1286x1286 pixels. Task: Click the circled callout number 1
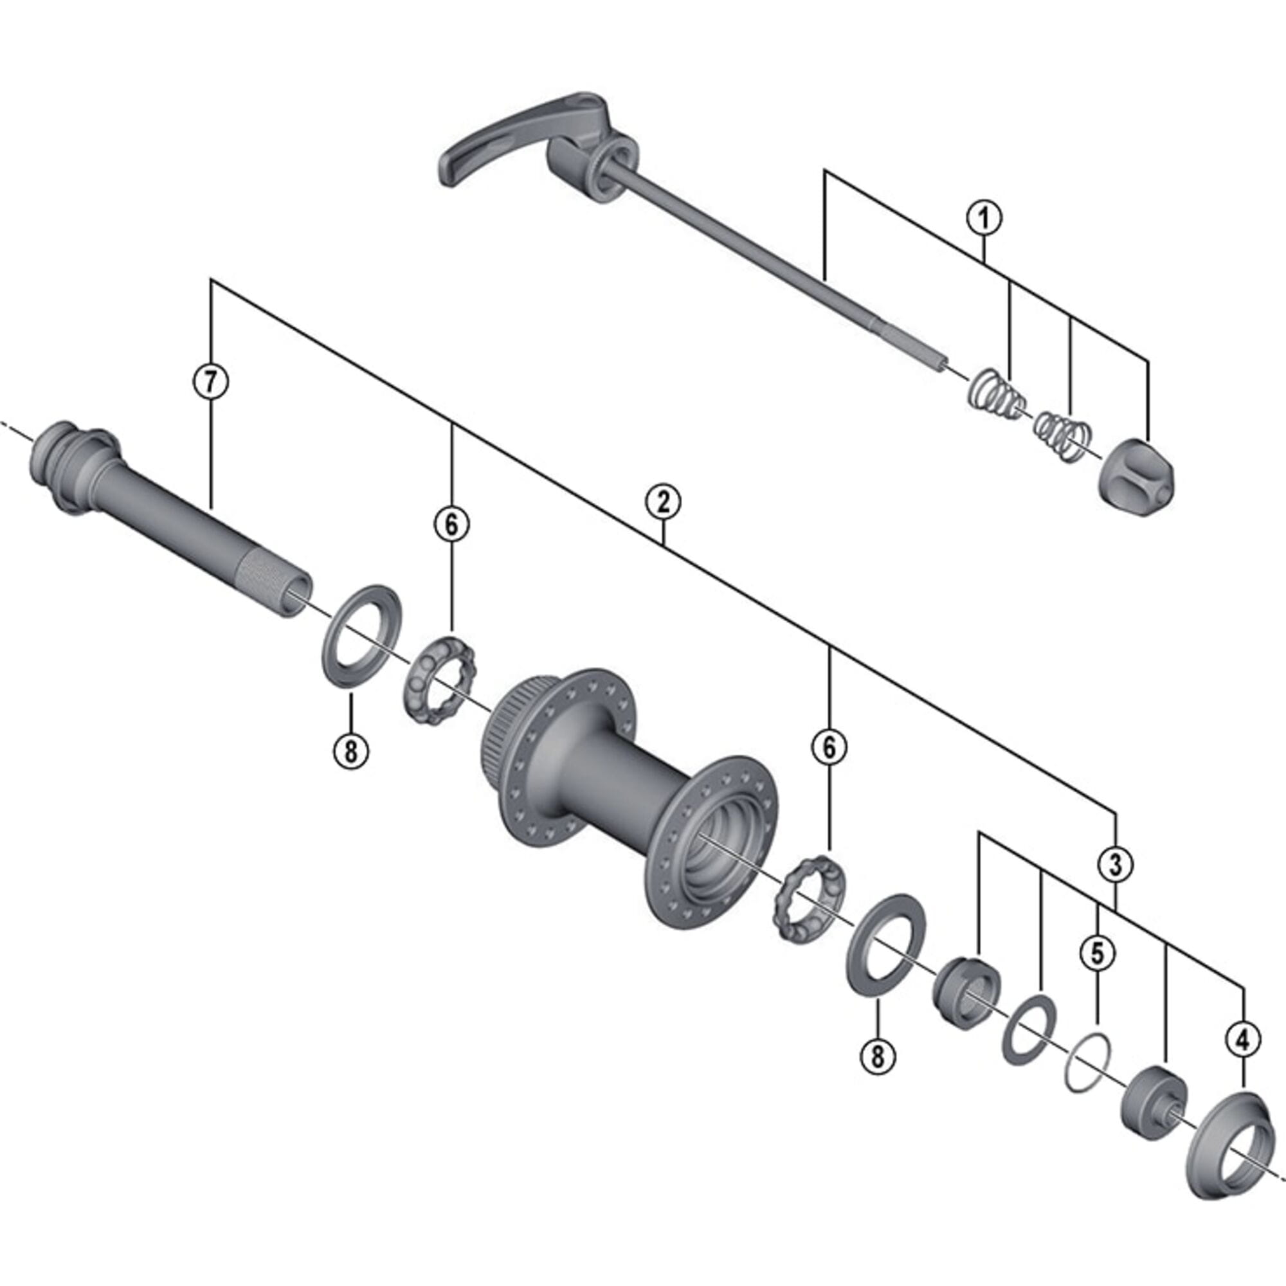[x=984, y=218]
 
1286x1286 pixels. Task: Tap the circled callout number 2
[x=664, y=503]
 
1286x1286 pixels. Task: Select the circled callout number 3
[x=1115, y=865]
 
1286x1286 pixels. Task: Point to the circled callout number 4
[x=1243, y=1040]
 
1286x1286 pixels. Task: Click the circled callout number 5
[x=1097, y=952]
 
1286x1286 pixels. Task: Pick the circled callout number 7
[x=210, y=381]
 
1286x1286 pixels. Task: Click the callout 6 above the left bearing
[x=451, y=525]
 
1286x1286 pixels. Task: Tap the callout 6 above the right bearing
[x=829, y=748]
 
